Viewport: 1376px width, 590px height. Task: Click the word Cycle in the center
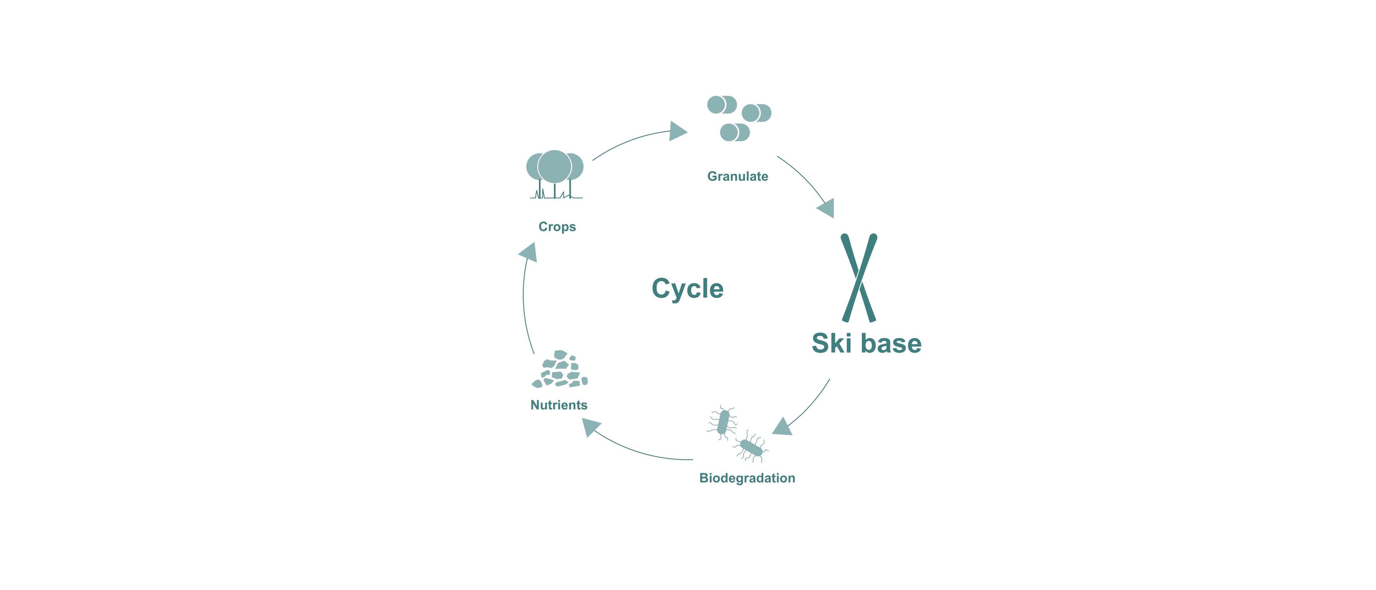(688, 289)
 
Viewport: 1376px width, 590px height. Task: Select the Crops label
(557, 227)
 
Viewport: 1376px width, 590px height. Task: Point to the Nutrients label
(559, 405)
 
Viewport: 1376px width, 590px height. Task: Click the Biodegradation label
(747, 478)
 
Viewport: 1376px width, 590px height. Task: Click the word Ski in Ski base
(831, 343)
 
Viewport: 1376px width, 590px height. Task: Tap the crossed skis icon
(859, 278)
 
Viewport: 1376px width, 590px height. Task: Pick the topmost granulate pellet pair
(722, 105)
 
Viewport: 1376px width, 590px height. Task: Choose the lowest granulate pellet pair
(735, 132)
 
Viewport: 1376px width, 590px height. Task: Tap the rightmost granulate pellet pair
(756, 113)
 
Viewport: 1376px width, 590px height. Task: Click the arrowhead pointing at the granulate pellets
(677, 131)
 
